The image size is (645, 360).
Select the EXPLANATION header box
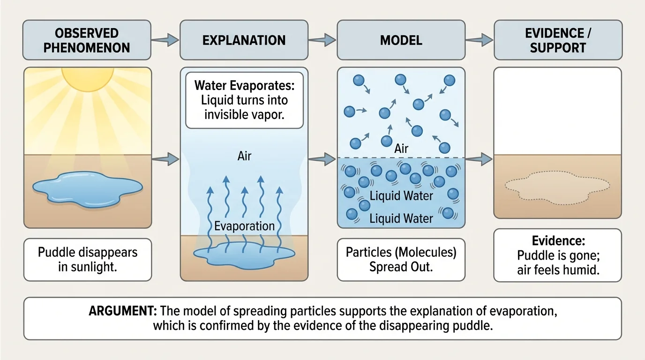click(244, 40)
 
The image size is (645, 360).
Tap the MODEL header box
click(401, 40)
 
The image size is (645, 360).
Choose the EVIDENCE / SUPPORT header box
click(557, 40)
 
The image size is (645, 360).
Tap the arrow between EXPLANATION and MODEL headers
click(322, 40)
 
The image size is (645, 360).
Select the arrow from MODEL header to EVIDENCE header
click(480, 40)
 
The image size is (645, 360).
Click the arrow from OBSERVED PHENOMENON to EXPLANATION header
click(165, 40)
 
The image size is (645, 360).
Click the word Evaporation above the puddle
click(244, 226)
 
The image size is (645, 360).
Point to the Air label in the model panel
click(401, 149)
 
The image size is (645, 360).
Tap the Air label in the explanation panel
click(244, 156)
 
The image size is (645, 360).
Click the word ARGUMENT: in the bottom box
click(122, 312)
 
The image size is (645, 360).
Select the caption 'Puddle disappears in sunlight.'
click(88, 259)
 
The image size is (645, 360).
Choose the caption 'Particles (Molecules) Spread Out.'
click(401, 259)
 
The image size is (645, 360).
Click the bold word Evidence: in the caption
click(557, 241)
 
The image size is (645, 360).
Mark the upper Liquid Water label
click(401, 195)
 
